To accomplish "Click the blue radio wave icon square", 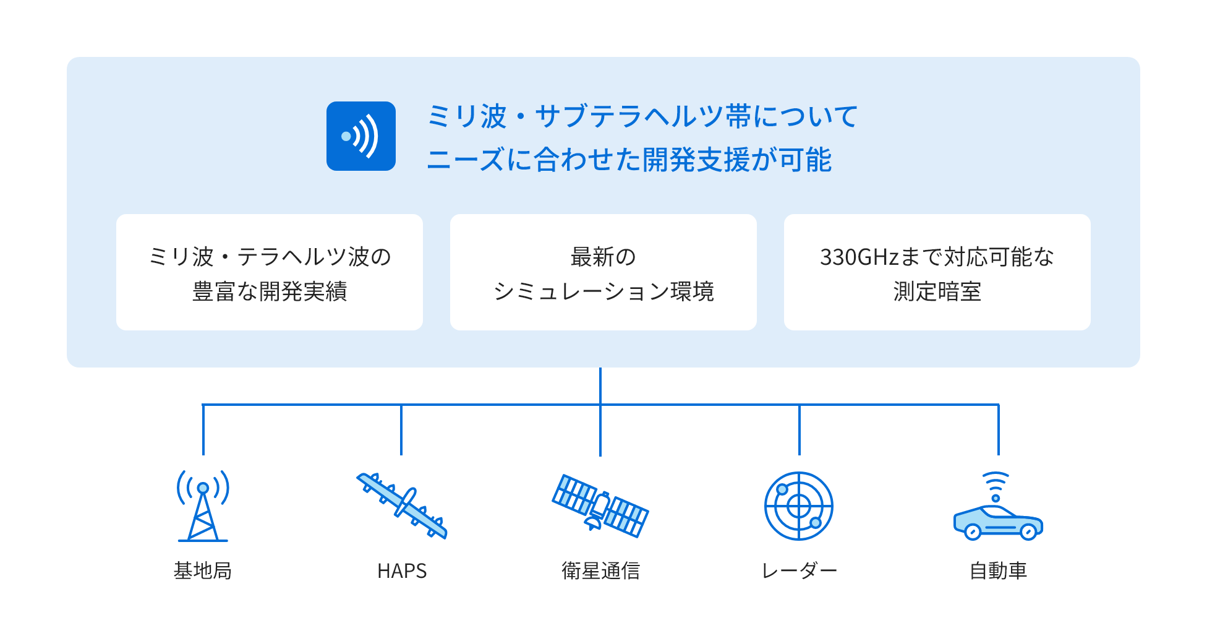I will click(x=361, y=136).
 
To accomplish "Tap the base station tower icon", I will click(x=203, y=506).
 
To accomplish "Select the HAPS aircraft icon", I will click(x=402, y=505).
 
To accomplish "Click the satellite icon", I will click(x=600, y=505).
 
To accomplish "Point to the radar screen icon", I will click(x=799, y=506).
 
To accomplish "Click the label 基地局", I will click(x=203, y=570).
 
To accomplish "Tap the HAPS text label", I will click(x=402, y=570).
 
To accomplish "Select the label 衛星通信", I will click(x=600, y=570).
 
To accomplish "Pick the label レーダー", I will click(x=799, y=570).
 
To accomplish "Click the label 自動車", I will click(x=998, y=570).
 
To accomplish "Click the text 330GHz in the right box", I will click(x=859, y=257).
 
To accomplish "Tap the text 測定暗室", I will click(x=937, y=291).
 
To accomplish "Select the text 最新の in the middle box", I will click(x=603, y=257).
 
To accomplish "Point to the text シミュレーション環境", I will click(x=603, y=291).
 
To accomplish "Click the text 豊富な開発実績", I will click(x=270, y=291).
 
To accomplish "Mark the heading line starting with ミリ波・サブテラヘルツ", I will click(x=642, y=116).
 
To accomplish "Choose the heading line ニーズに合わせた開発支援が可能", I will click(x=629, y=160).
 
